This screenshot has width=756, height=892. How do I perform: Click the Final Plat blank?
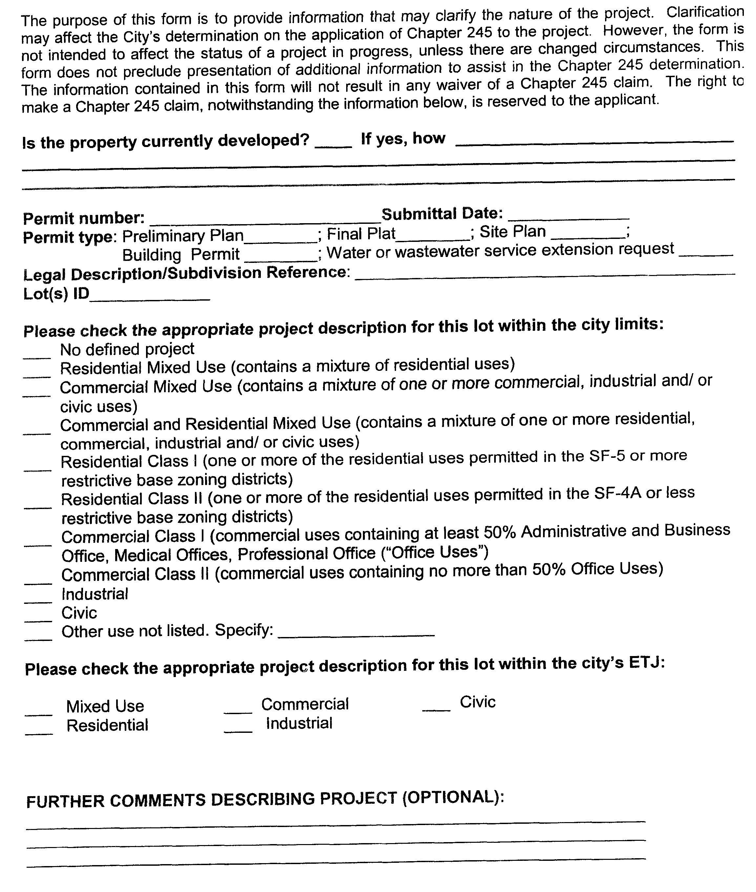(432, 236)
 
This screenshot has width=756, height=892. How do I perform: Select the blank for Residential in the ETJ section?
(39, 730)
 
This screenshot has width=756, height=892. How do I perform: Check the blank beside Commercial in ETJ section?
(238, 709)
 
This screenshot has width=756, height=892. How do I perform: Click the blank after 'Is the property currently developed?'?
(333, 144)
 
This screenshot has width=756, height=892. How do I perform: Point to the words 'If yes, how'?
(403, 139)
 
